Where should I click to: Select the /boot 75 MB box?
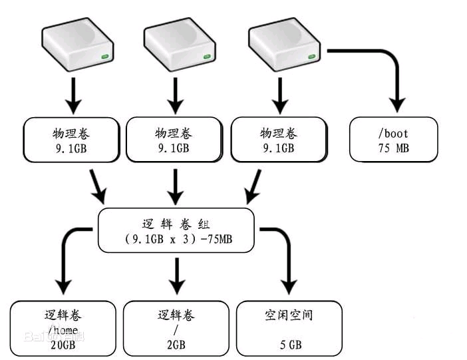[393, 139]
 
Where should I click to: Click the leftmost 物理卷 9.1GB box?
[73, 140]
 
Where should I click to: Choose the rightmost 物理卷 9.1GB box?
[277, 140]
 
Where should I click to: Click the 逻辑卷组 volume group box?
[176, 230]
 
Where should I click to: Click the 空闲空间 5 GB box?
[289, 327]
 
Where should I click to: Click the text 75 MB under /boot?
[393, 147]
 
